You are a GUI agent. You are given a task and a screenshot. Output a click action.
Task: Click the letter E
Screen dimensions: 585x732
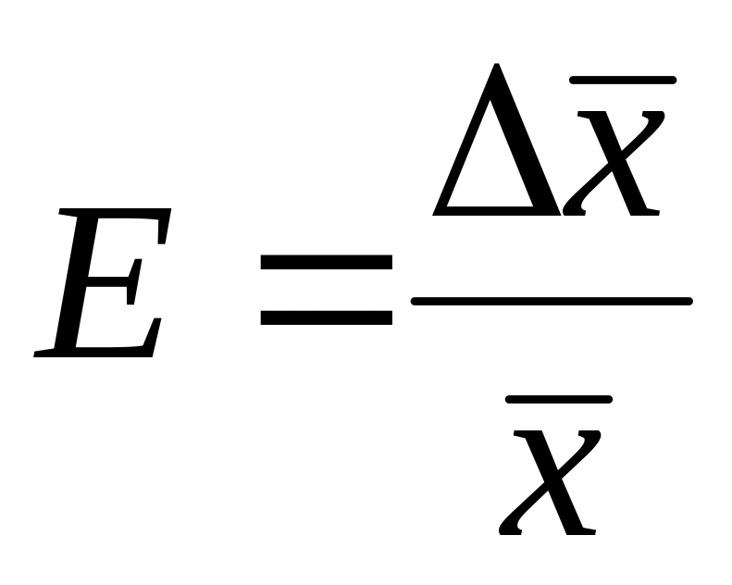[102, 282]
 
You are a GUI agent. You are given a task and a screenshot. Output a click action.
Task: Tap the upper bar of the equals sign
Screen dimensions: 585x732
[326, 263]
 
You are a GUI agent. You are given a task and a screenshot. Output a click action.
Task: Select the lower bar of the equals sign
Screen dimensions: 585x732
[326, 317]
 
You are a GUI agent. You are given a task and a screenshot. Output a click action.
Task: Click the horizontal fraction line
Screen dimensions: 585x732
[552, 301]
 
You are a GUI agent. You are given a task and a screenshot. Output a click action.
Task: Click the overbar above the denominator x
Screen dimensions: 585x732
[558, 399]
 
